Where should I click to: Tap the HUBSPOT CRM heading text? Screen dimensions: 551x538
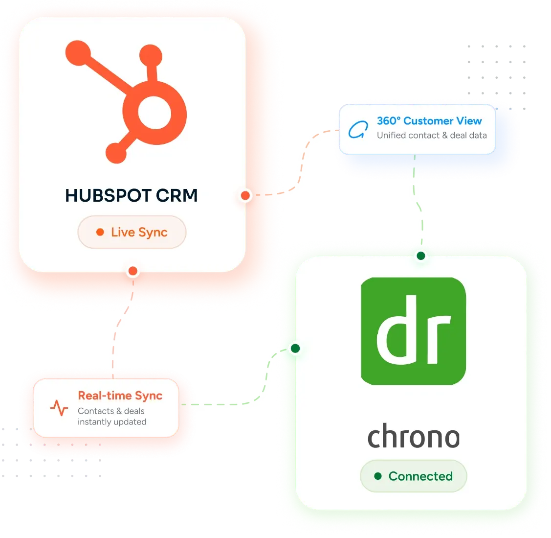[132, 196]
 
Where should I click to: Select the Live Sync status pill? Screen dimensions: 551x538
[132, 232]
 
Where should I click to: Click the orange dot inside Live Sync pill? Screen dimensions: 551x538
[100, 232]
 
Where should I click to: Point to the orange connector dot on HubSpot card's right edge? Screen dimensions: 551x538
[245, 196]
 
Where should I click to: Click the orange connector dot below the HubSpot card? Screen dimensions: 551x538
[133, 271]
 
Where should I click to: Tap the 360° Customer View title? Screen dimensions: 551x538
[429, 121]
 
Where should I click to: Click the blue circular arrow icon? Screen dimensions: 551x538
[357, 130]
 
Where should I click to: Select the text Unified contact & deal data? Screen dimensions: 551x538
[432, 136]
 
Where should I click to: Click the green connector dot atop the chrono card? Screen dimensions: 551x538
[421, 256]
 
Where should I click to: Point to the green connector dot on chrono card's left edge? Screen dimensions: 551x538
[295, 349]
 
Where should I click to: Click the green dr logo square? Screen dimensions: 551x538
[413, 331]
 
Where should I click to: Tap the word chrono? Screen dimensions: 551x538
[414, 436]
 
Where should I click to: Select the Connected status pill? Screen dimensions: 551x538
[414, 476]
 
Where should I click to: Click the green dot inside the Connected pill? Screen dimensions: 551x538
[378, 476]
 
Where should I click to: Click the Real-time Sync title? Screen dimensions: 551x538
[120, 396]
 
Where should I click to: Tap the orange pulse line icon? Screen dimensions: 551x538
[59, 408]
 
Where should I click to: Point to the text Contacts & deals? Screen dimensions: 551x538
[111, 411]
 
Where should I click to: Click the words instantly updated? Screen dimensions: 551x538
[112, 422]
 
